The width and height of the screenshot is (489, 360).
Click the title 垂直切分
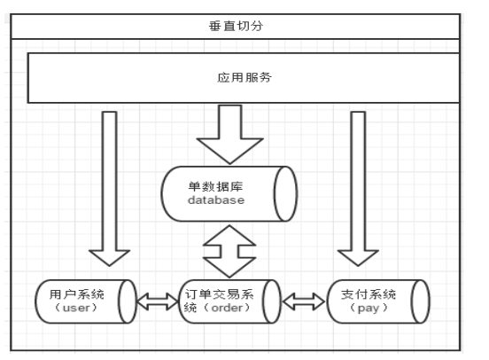tap(236, 26)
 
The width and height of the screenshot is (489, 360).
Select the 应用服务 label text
tap(244, 77)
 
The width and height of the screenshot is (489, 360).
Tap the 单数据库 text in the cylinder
tap(215, 186)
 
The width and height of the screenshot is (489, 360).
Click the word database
tap(216, 200)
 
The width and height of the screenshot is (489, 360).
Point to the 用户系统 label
tap(77, 294)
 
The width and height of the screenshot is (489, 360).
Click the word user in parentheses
tap(76, 308)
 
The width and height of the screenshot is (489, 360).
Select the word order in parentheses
tap(227, 308)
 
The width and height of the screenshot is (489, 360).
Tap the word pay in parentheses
tap(369, 309)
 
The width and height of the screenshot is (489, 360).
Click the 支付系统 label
tap(369, 294)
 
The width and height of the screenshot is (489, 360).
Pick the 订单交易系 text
tap(219, 294)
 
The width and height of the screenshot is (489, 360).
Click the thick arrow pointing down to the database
tap(229, 134)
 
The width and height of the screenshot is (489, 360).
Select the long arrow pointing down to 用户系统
tap(110, 189)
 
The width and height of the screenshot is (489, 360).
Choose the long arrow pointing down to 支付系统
tap(358, 189)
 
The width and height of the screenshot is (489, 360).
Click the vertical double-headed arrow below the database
tap(229, 251)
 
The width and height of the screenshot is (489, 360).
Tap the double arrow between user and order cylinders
tap(158, 301)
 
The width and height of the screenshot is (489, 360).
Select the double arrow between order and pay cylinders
tap(304, 301)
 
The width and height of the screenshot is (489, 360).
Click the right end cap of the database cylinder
tap(285, 193)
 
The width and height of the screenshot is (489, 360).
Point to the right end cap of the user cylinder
tap(128, 301)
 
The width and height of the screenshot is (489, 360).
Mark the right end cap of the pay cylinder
tap(421, 301)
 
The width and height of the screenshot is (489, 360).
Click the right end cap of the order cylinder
tap(272, 301)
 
